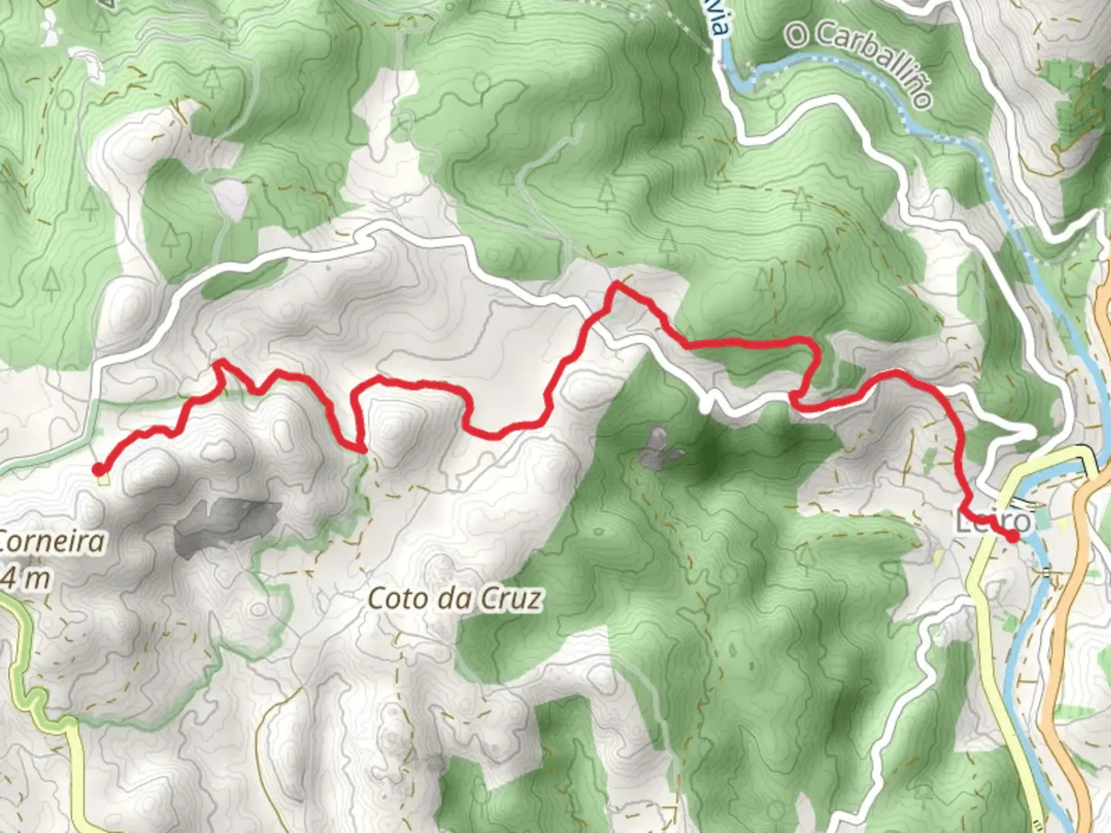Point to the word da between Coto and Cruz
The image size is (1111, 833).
click(452, 599)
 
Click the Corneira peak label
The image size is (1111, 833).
click(51, 541)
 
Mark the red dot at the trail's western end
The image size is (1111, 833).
click(99, 468)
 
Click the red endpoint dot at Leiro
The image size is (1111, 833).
click(1013, 536)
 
